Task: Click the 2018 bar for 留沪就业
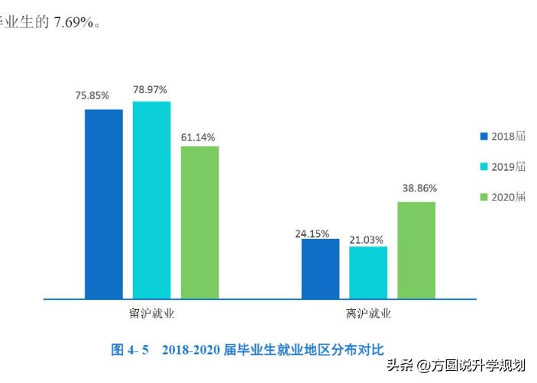[x=104, y=204]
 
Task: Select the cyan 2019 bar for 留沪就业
[x=151, y=200]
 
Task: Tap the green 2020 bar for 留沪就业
[x=199, y=222]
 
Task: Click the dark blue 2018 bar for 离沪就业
[x=320, y=269]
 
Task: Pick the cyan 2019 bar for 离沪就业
[x=368, y=272]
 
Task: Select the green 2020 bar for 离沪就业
[x=416, y=250]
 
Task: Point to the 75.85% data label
[x=92, y=95]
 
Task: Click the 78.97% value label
[x=150, y=89]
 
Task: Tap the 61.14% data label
[x=198, y=137]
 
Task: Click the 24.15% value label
[x=312, y=233]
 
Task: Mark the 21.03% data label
[x=367, y=240]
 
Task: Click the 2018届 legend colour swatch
[x=484, y=137]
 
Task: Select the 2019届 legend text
[x=508, y=166]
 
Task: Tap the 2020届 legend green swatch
[x=484, y=197]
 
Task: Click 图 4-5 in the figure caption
[x=129, y=350]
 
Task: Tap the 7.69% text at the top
[x=73, y=22]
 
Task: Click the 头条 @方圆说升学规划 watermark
[x=456, y=365]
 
